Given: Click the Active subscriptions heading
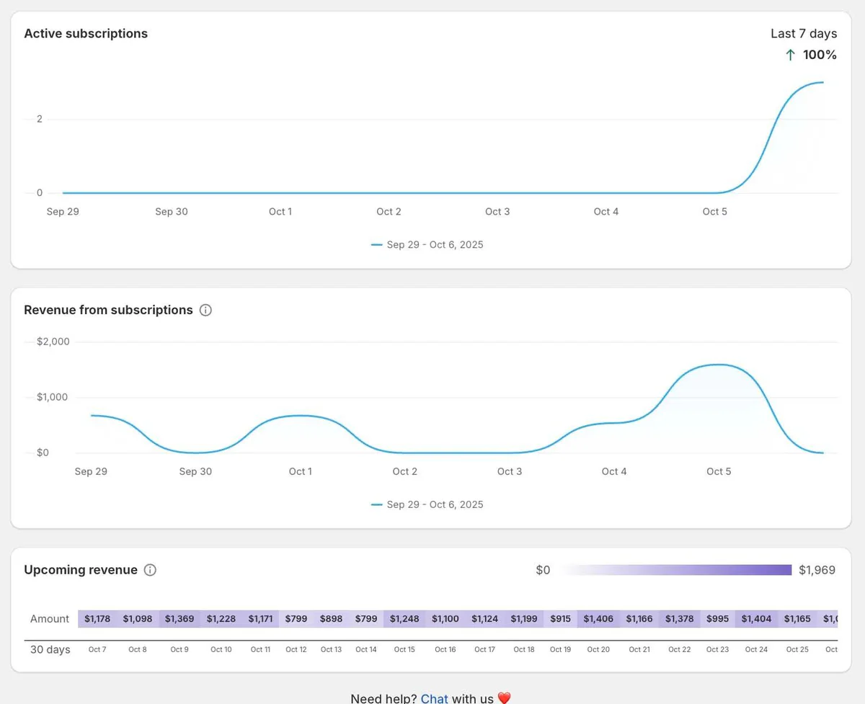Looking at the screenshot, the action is (86, 33).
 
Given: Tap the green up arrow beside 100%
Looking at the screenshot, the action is (790, 55).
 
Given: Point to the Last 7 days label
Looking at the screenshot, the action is (804, 33).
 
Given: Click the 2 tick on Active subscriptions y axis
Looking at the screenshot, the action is (40, 119).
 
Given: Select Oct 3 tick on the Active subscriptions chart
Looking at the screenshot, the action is (497, 212).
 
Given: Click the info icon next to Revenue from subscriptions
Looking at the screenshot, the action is (205, 310).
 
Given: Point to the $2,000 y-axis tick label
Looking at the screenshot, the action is (53, 342).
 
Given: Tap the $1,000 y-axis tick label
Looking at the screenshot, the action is (52, 397).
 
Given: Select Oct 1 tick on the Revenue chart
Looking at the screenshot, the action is (300, 471).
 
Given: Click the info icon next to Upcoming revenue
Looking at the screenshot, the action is (150, 570).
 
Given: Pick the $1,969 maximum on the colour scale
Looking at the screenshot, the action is (817, 570).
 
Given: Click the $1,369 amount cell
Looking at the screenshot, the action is (179, 619).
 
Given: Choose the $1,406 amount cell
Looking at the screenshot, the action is (598, 619).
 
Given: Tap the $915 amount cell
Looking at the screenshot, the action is (560, 619).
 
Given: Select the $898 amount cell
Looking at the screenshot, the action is (331, 619).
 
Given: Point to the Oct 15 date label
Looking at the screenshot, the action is (404, 649).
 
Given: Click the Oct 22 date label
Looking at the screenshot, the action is (680, 649).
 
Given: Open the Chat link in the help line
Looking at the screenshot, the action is (434, 698).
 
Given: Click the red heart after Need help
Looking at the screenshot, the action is (504, 698).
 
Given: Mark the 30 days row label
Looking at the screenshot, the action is (50, 649).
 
